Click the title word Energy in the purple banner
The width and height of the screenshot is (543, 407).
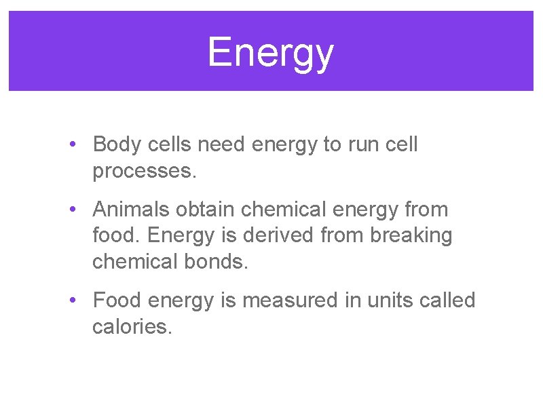(x=270, y=52)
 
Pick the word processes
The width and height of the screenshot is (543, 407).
(x=144, y=172)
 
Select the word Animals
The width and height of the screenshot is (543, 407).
(x=131, y=210)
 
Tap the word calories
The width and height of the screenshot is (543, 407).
(x=132, y=326)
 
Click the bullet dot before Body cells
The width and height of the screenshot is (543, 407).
(x=73, y=145)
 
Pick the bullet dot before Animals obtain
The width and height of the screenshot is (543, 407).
(x=73, y=210)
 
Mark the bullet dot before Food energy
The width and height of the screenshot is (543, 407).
(x=73, y=301)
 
